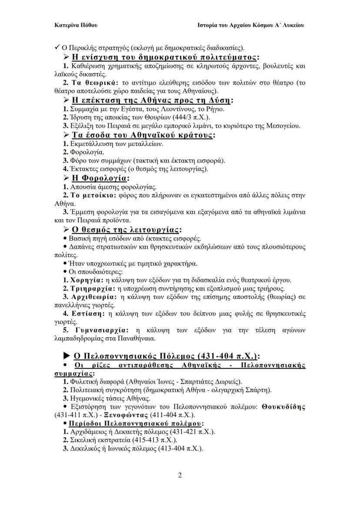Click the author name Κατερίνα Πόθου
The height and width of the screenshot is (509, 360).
pos(76,25)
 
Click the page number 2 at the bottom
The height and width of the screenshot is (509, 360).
pos(180,475)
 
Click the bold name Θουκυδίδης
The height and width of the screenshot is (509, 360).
pos(283,407)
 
